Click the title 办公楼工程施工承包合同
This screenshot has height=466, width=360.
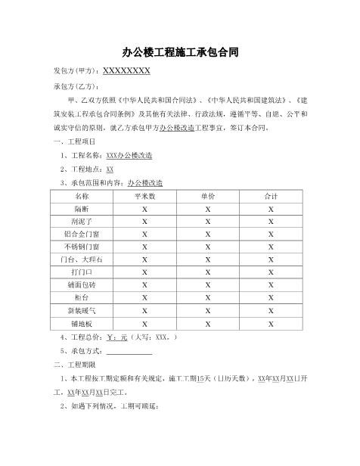[x=181, y=53]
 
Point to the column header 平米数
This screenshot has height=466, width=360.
[x=144, y=195]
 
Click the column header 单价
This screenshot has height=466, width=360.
[x=208, y=195]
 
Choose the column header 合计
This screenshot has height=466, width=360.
[x=271, y=195]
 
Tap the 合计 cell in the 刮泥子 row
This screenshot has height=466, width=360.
[x=271, y=221]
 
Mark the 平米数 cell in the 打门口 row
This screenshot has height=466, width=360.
[x=144, y=272]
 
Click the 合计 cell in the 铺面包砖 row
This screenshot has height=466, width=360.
[x=271, y=285]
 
